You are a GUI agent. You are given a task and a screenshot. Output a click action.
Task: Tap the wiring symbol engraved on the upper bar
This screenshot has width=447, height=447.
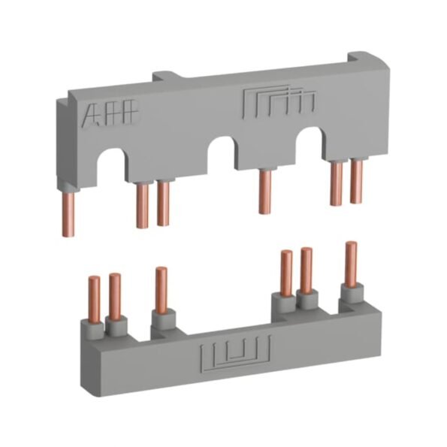point(279,102)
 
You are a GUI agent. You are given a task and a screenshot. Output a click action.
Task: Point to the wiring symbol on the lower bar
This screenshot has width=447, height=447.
point(235,354)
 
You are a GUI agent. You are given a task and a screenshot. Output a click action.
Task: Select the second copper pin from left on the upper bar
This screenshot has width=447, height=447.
point(143,205)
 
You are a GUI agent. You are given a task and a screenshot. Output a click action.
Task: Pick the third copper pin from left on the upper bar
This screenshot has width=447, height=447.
point(163,203)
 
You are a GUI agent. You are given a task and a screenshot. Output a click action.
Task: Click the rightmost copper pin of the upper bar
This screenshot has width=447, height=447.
point(357,182)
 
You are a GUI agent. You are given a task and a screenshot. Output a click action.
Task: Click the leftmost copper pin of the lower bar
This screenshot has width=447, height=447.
point(95,300)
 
